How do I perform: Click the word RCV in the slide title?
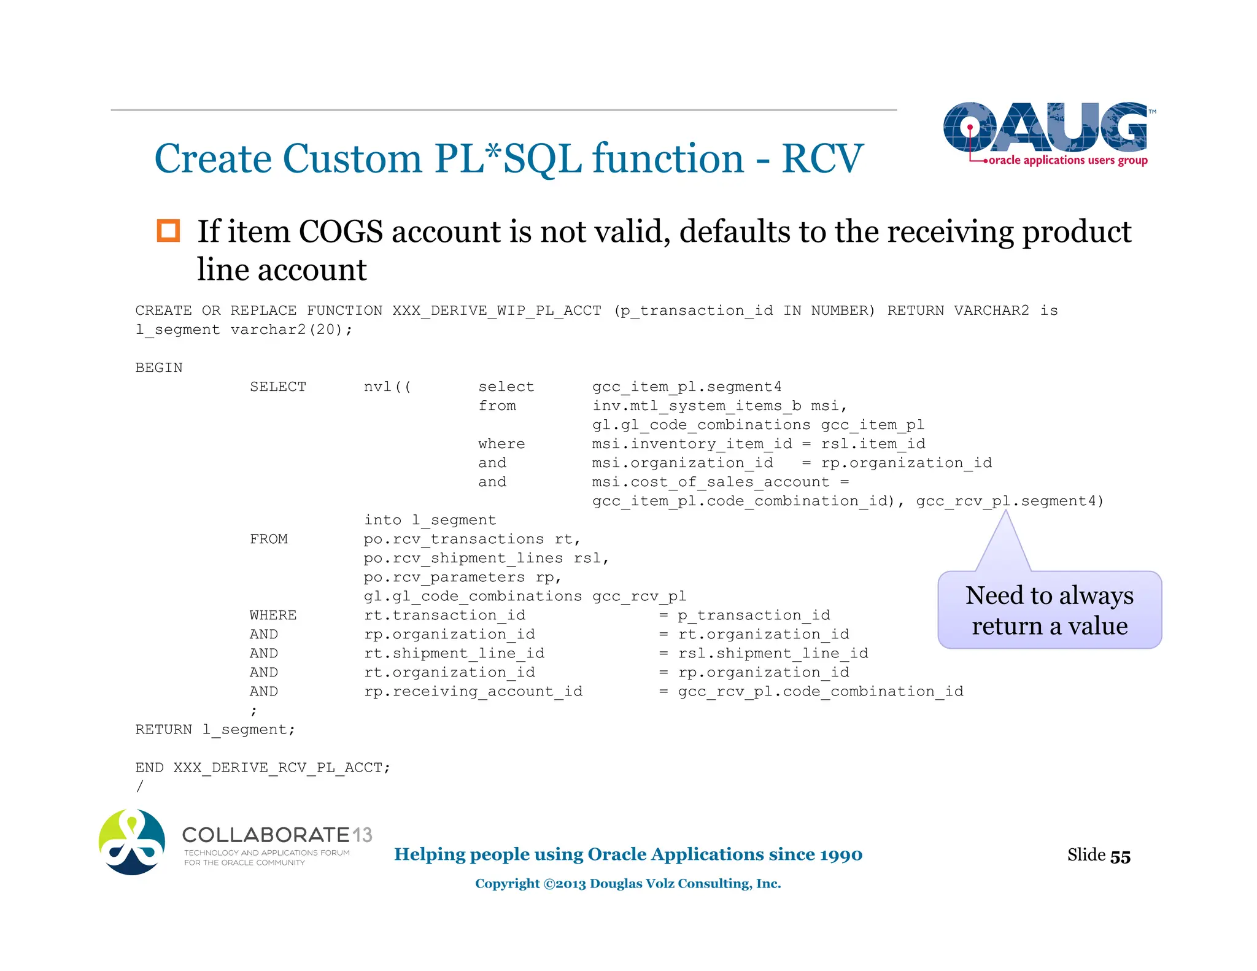(822, 159)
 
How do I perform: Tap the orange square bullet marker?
(168, 231)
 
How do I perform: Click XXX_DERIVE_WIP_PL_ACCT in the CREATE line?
(497, 311)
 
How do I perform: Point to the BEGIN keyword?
(159, 368)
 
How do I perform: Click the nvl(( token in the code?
(387, 387)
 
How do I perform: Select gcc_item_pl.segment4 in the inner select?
(687, 387)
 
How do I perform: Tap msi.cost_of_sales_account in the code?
(711, 482)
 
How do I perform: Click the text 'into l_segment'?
(430, 520)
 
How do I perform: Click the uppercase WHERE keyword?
(273, 615)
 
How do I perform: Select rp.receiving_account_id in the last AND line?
(473, 691)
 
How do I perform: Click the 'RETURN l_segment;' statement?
(215, 729)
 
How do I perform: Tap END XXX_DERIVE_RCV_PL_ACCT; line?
(263, 767)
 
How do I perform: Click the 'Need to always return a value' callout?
(1050, 610)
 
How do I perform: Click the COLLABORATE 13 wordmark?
(277, 835)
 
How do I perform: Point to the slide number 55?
(1120, 856)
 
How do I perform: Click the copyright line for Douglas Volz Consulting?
(628, 883)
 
